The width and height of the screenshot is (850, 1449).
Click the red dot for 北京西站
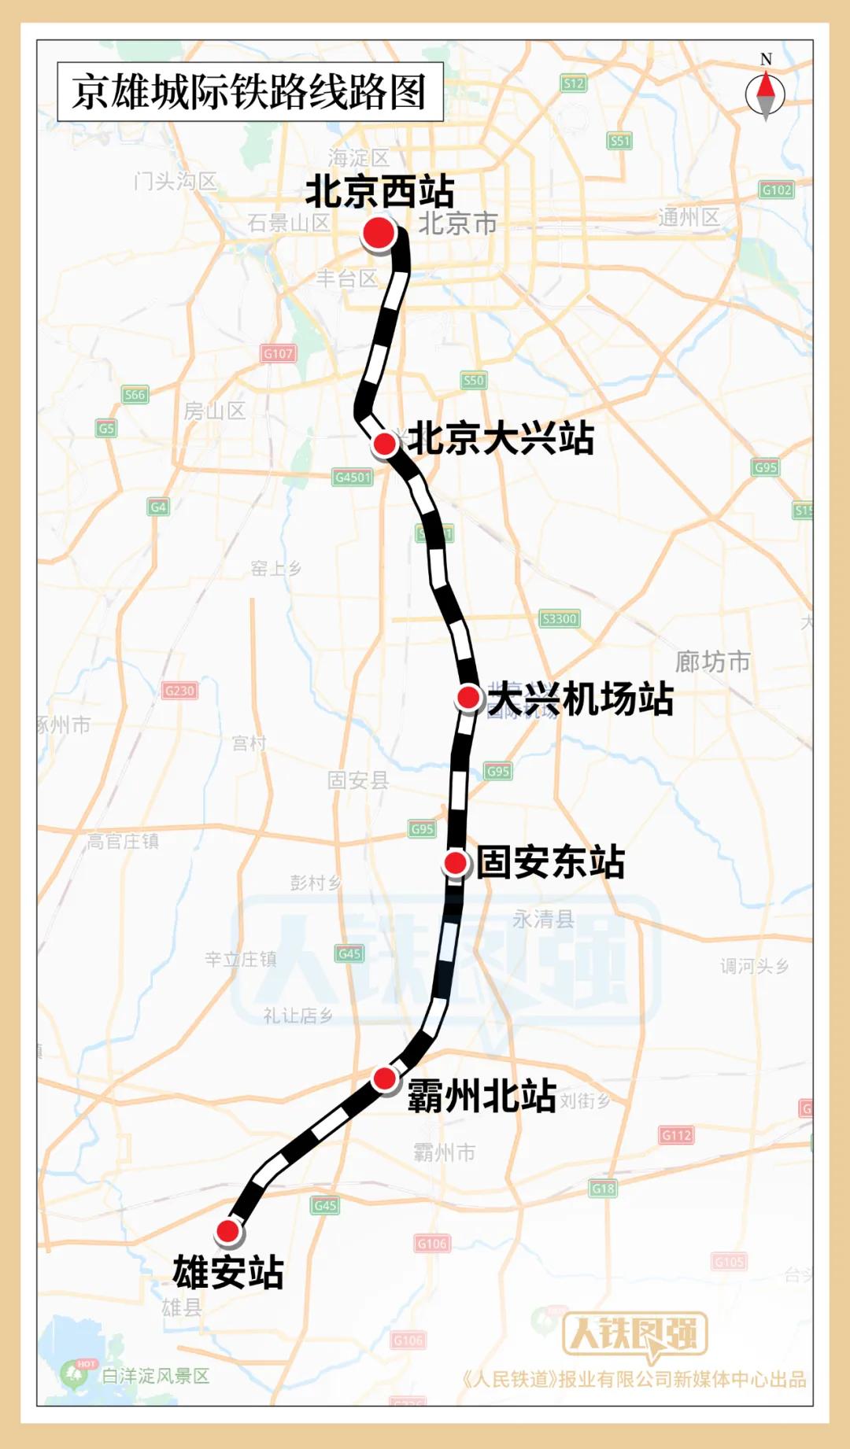(379, 234)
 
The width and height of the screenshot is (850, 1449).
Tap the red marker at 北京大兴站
(385, 444)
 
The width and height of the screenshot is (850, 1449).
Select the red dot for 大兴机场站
(469, 697)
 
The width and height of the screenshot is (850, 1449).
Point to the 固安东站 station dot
(456, 863)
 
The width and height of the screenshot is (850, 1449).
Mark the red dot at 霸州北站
(384, 1078)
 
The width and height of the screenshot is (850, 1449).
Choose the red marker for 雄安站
(228, 1231)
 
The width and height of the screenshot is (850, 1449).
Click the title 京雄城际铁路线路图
(249, 92)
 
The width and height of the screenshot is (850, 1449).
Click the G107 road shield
(279, 354)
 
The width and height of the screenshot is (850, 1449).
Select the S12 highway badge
(574, 83)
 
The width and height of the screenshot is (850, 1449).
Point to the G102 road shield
(777, 190)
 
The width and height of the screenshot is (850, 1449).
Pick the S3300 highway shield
(560, 619)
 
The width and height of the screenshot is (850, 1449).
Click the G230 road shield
(179, 691)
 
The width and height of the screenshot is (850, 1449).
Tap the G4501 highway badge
(353, 477)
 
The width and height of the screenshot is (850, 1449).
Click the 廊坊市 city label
(713, 662)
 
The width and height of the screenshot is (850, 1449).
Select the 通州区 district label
(689, 217)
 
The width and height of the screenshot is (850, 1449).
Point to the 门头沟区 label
(175, 181)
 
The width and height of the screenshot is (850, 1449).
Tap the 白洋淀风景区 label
(156, 1376)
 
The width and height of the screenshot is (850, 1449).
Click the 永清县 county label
(543, 919)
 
